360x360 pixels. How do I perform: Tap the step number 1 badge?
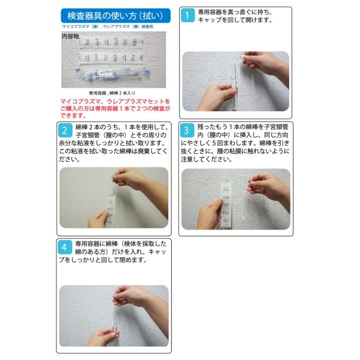(x=188, y=16)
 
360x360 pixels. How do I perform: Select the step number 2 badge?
(x=65, y=130)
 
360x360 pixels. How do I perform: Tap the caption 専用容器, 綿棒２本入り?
(x=112, y=93)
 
